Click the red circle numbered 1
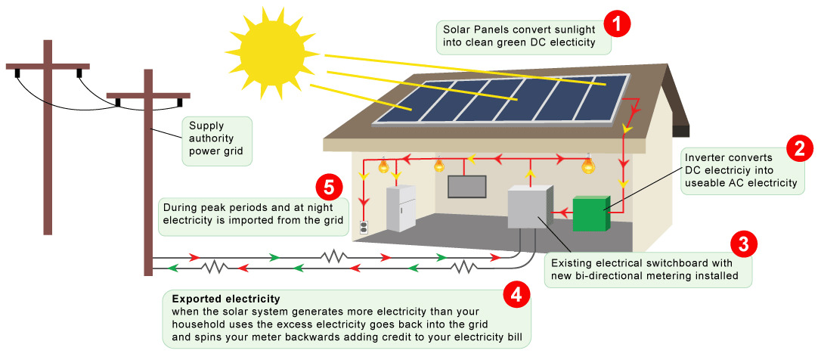click(618, 25)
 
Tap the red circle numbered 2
click(800, 148)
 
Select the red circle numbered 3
click(743, 244)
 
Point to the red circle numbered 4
click(516, 296)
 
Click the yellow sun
click(271, 49)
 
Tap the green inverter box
click(591, 213)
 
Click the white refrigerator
click(401, 209)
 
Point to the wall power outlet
click(364, 227)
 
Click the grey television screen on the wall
click(467, 186)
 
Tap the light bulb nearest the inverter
click(589, 165)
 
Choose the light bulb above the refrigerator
click(384, 165)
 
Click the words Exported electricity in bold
click(226, 299)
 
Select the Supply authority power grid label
click(217, 140)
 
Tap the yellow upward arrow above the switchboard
click(530, 175)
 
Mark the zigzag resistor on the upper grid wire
click(334, 256)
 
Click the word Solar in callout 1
click(456, 29)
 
